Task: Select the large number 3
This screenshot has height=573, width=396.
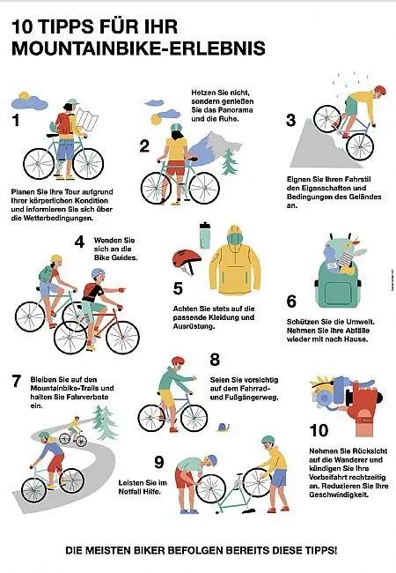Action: [x=290, y=121]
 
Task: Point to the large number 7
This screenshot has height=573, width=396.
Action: [x=16, y=382]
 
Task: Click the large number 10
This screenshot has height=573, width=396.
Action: [x=319, y=430]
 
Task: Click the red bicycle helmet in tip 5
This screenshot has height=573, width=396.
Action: [x=186, y=259]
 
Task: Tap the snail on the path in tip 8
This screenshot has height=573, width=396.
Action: [x=229, y=428]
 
